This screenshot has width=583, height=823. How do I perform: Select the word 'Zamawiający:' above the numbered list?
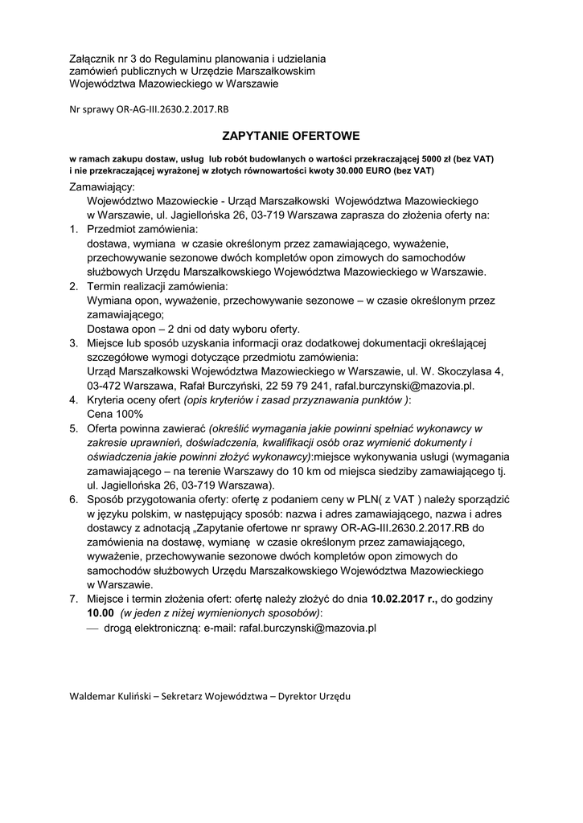click(x=102, y=186)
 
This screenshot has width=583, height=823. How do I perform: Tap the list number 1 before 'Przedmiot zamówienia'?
click(x=72, y=229)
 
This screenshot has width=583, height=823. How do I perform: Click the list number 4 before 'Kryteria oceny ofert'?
click(x=72, y=399)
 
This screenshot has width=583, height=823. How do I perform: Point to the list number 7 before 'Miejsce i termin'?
click(x=72, y=599)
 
